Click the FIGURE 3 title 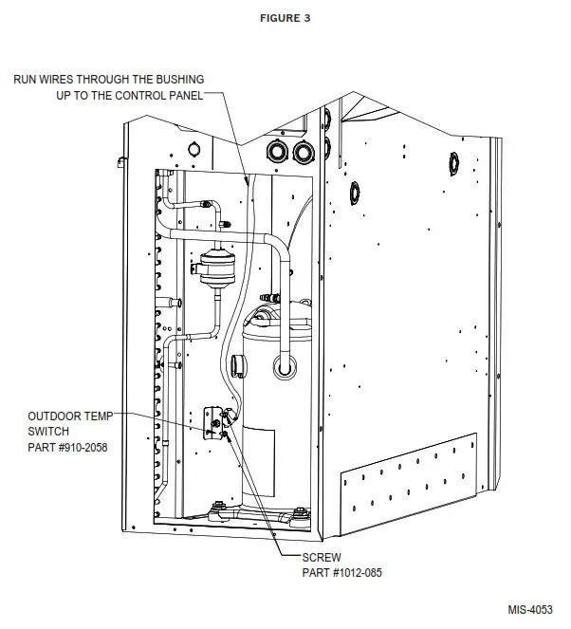(x=285, y=18)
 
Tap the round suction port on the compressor (x=284, y=365)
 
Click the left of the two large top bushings (x=278, y=151)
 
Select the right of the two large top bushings (x=303, y=152)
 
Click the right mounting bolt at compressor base (x=299, y=515)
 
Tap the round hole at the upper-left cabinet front (x=193, y=148)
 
